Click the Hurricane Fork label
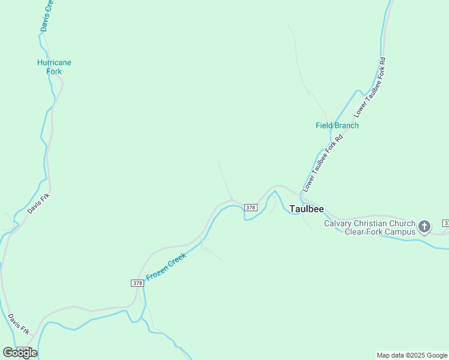point(54,67)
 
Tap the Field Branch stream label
point(337,125)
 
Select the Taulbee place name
point(306,209)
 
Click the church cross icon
point(424,227)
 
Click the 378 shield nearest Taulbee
point(251,208)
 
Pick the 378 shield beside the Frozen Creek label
point(137,283)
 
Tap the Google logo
point(20,353)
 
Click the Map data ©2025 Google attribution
point(412,355)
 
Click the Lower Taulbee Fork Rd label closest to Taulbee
point(323,163)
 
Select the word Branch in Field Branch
point(346,125)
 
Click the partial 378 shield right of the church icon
point(446,223)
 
